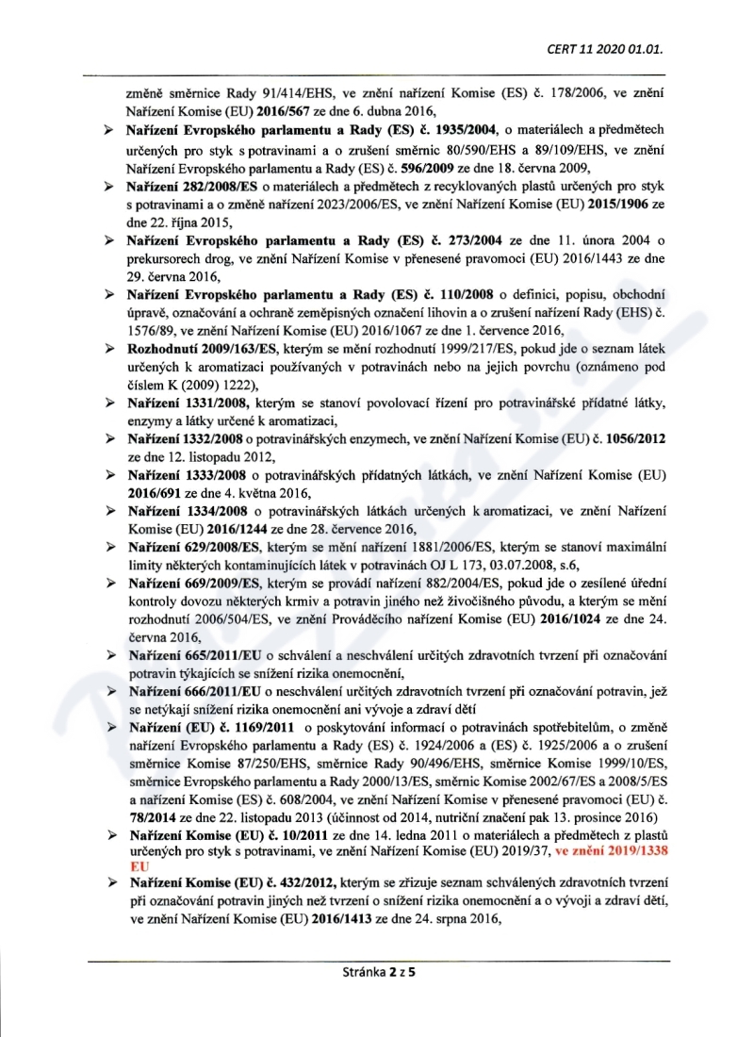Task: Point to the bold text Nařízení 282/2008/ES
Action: (185, 189)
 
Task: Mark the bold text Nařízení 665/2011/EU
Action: (184, 654)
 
